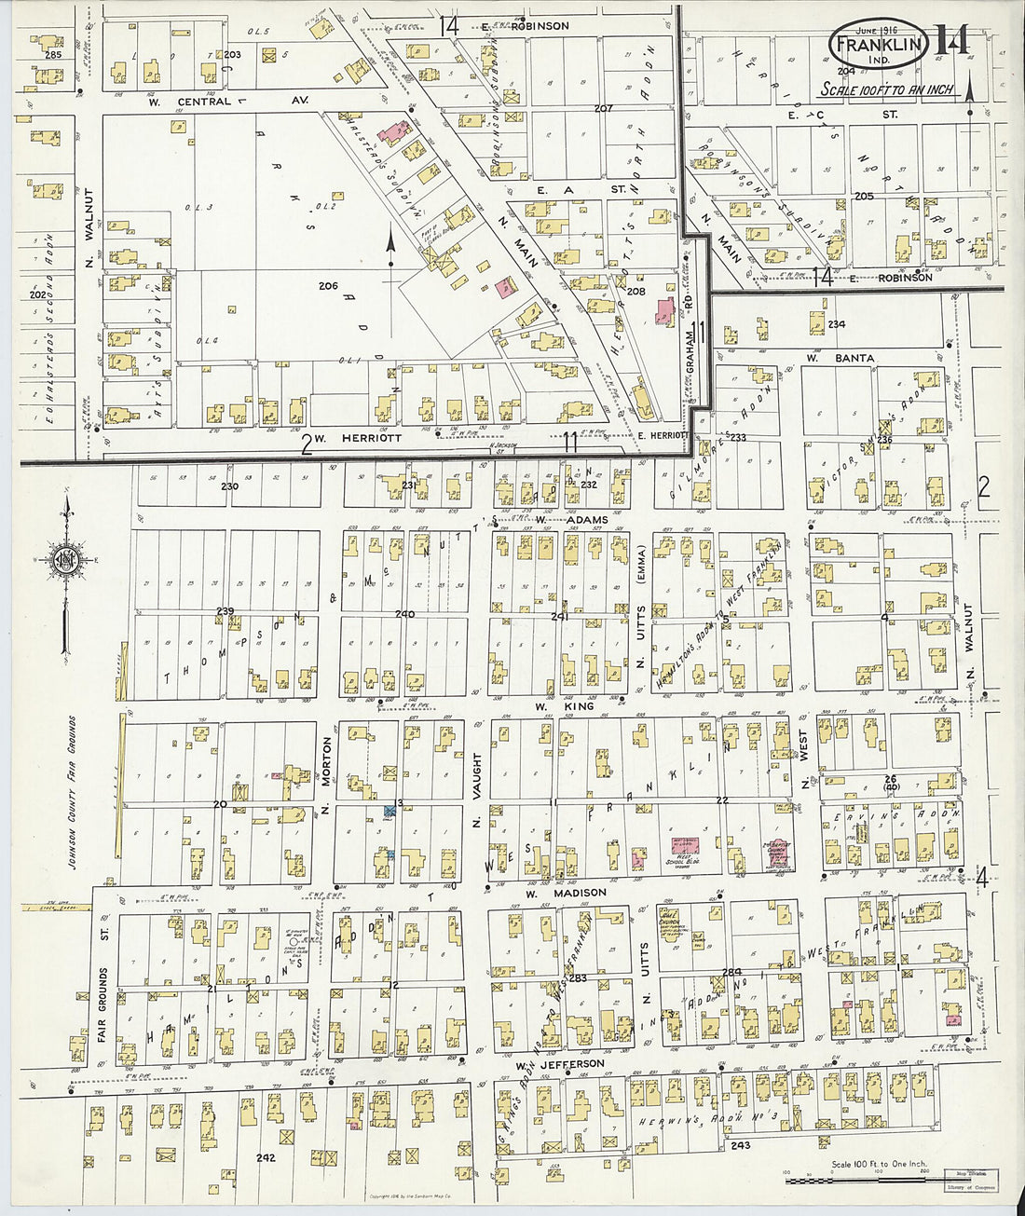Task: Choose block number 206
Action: pyautogui.click(x=327, y=285)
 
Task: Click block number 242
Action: pyautogui.click(x=266, y=1158)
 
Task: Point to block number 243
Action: pyautogui.click(x=741, y=1145)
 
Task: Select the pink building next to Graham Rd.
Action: pyautogui.click(x=665, y=312)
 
